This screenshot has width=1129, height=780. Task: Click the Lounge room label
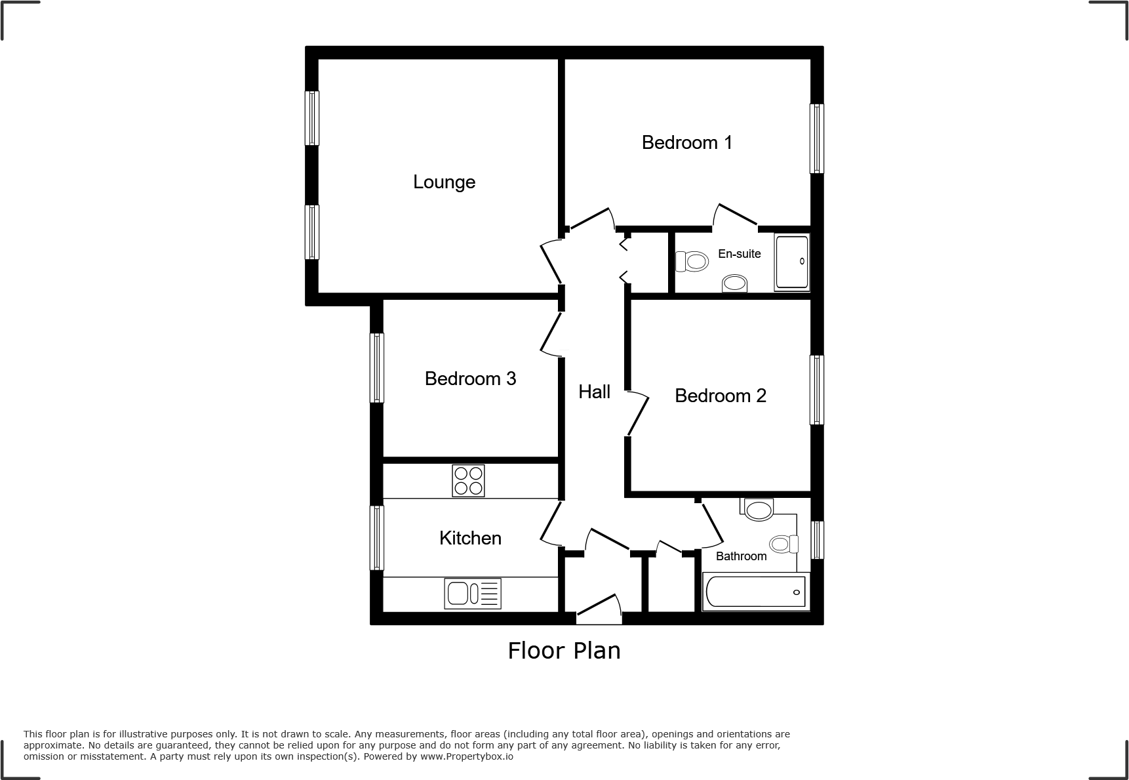(444, 182)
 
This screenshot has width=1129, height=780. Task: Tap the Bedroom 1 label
(686, 142)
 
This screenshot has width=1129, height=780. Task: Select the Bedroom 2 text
(720, 396)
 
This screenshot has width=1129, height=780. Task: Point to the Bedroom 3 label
(470, 379)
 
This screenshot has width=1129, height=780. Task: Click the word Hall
(594, 392)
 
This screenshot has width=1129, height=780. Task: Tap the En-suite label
(739, 254)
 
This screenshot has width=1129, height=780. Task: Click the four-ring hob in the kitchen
(468, 480)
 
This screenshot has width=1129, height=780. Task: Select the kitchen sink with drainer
(473, 593)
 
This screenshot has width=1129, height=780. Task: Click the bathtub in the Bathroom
(755, 592)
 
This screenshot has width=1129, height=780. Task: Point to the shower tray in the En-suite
(792, 262)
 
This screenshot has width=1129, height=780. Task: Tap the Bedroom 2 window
(816, 390)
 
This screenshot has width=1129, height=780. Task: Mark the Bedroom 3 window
(376, 367)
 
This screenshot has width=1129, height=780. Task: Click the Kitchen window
(376, 537)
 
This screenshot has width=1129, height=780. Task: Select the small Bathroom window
(817, 540)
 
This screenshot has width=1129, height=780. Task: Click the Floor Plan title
(564, 650)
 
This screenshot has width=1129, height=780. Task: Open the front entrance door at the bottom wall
(598, 610)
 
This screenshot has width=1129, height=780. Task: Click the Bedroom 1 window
(816, 138)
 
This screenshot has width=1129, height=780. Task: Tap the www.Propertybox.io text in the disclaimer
(467, 756)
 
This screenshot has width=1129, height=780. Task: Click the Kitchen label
(470, 538)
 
